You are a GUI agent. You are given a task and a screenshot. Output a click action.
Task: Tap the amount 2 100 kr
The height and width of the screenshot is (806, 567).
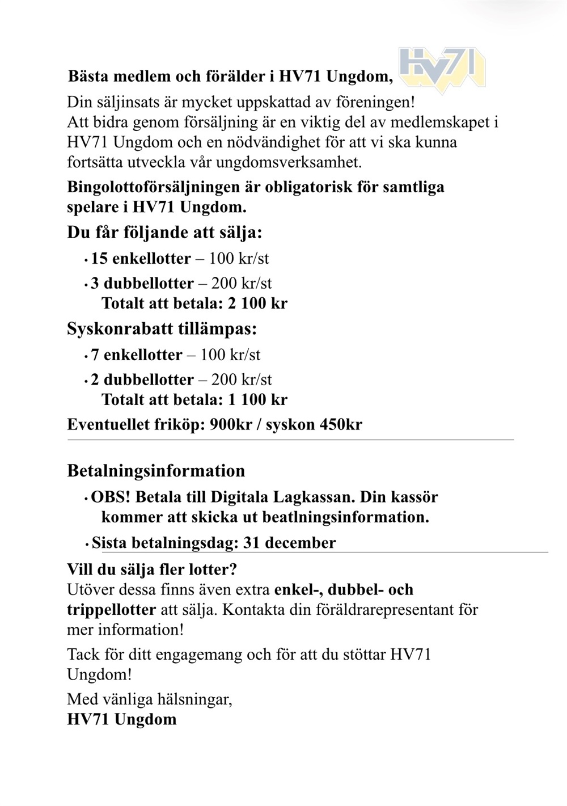[x=257, y=303]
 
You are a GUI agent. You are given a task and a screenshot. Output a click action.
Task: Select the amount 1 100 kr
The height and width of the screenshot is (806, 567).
[x=257, y=400]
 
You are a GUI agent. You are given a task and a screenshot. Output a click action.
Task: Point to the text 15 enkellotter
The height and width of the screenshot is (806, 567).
[x=141, y=259]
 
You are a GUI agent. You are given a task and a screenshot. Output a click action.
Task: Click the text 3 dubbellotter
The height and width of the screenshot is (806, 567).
[x=142, y=284]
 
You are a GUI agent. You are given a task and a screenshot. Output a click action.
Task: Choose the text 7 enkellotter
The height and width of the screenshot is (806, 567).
[x=136, y=355]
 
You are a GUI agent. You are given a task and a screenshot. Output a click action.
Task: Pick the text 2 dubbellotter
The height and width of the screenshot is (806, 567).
[x=142, y=380]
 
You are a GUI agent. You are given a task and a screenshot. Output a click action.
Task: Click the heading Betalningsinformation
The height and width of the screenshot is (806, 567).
[x=156, y=471]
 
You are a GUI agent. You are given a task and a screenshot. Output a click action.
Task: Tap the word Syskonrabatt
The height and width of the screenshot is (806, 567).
[x=119, y=330]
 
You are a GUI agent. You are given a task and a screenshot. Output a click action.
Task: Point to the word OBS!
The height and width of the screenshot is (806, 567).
[x=111, y=497]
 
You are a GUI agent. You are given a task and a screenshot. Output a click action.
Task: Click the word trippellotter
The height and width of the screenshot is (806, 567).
[x=111, y=610]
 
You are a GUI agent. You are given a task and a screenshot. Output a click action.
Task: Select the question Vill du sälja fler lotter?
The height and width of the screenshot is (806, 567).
[x=152, y=569]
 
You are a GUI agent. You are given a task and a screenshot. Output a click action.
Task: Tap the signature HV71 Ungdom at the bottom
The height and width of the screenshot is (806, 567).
[x=121, y=719]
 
